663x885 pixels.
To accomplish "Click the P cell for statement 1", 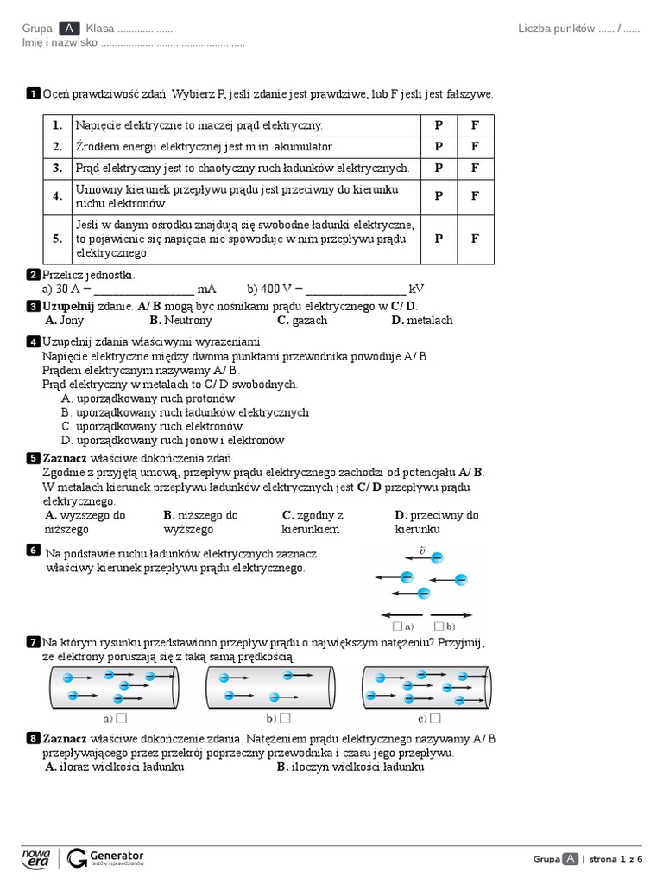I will coord(439,125).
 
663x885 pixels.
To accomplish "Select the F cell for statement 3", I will coord(475,168).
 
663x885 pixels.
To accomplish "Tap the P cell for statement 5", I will coord(439,239).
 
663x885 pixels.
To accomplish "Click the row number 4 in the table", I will coord(58,195).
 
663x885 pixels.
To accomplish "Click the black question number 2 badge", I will coord(33,275).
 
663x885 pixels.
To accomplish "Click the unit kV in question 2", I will coord(416,289).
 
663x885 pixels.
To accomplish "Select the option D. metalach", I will coord(421,320).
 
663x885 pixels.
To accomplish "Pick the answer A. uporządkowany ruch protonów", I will coord(148,398).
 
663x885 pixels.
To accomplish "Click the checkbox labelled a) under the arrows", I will coord(397,626).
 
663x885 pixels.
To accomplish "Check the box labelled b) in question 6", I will coord(439,626).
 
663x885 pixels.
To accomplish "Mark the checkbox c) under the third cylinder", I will coord(436,717).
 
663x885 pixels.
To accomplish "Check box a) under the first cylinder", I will coord(122,717).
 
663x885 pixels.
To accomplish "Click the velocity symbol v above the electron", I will coord(422,549).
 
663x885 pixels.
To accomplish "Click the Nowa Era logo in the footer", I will coord(35,857).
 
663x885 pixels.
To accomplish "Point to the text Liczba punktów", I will coord(556,29).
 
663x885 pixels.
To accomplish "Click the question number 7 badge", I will coord(33,641).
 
